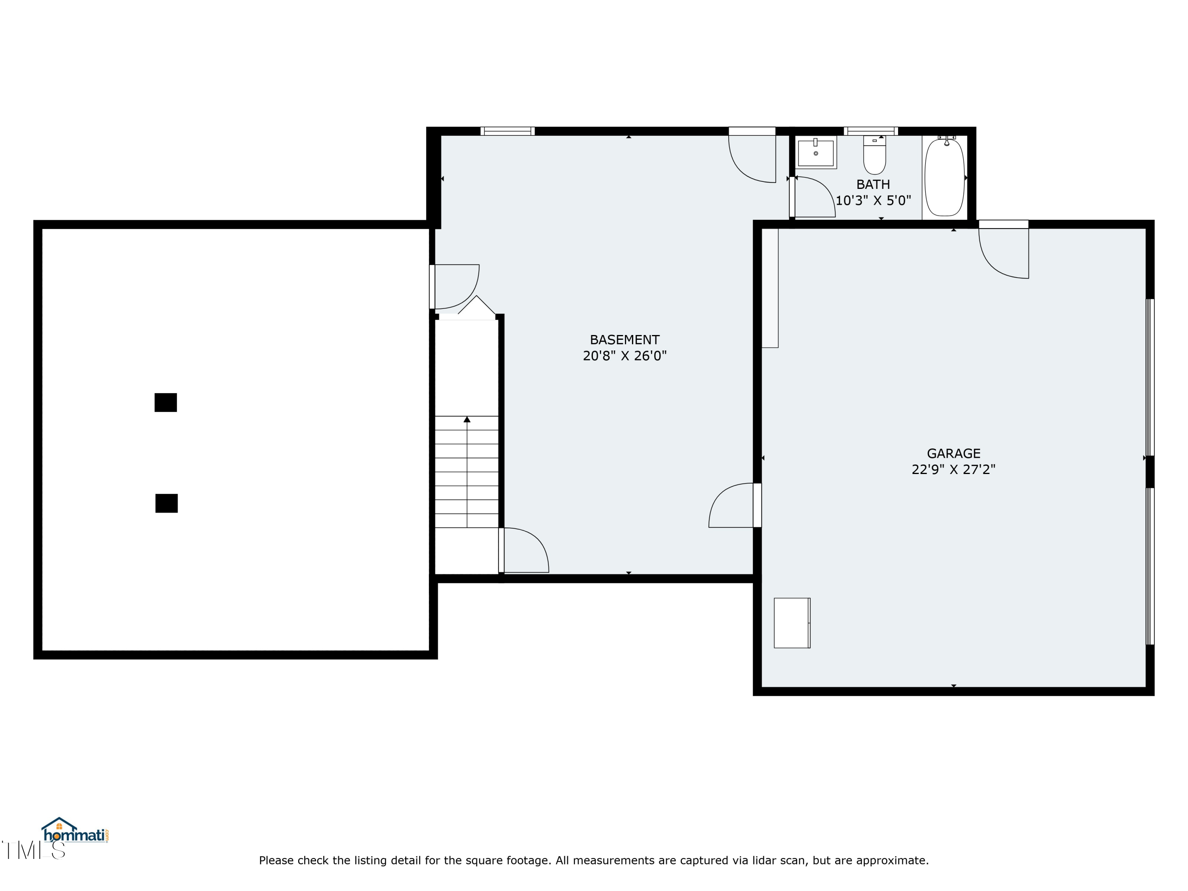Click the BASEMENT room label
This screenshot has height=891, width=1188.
624,340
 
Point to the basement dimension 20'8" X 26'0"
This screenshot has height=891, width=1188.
624,356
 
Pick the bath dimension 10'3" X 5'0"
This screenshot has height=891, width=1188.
873,200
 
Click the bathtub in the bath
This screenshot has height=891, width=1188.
945,177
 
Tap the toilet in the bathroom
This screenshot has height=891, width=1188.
874,155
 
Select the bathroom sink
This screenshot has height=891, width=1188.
816,152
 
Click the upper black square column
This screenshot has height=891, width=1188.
166,402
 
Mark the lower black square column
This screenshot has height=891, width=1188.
166,503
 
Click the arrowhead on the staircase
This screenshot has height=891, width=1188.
467,419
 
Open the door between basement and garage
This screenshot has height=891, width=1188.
735,505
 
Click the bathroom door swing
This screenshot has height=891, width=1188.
813,197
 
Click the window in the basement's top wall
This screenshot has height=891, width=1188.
508,131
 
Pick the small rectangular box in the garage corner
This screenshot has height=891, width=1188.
792,623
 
